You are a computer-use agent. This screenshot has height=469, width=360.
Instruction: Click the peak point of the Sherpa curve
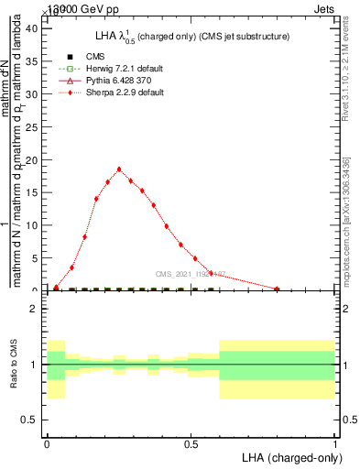(119, 169)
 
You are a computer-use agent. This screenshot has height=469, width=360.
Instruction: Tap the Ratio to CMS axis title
(13, 365)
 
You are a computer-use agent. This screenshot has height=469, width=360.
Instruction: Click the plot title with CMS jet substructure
(191, 36)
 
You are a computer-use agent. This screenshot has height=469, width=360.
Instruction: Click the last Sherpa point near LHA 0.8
(277, 289)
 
